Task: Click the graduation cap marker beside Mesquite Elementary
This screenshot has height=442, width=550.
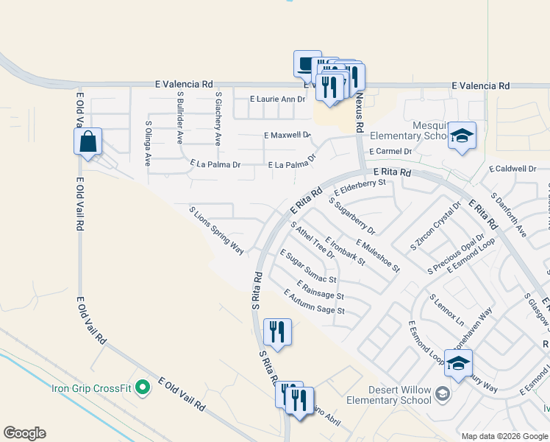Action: click(x=462, y=136)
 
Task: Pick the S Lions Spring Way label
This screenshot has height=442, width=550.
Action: click(x=217, y=231)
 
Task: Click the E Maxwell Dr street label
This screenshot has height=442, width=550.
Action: click(x=287, y=136)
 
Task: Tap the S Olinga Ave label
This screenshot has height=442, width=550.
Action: click(x=148, y=143)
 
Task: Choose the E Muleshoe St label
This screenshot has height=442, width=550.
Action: click(x=377, y=255)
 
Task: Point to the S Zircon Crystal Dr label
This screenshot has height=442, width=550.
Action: click(x=435, y=225)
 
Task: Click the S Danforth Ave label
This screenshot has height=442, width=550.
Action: click(x=509, y=214)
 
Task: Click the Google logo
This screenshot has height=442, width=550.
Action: click(x=24, y=433)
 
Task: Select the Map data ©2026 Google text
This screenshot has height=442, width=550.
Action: click(x=504, y=436)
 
